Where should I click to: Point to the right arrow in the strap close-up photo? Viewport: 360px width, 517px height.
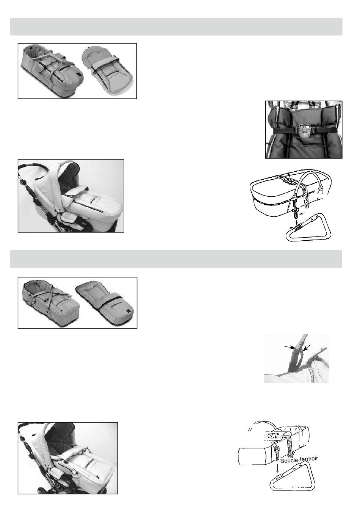307,348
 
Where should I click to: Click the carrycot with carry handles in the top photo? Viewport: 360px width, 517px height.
52,70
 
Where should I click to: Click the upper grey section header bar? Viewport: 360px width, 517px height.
176,27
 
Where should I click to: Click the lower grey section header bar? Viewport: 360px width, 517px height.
176,259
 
